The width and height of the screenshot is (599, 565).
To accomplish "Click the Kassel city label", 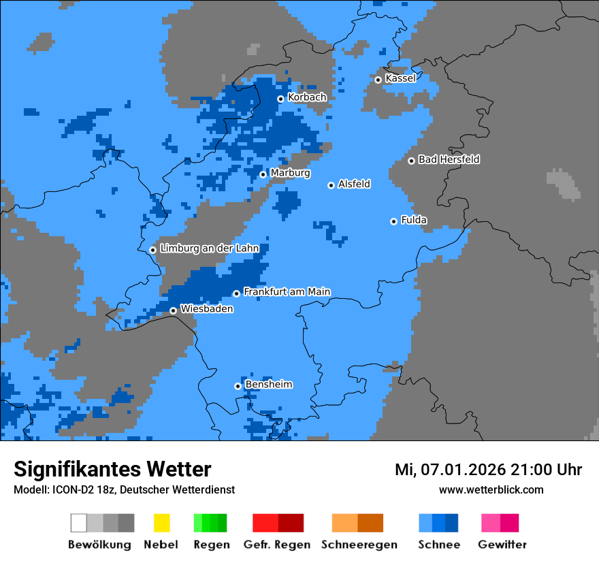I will click(400, 78).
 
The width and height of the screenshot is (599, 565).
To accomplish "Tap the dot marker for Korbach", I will click(280, 99).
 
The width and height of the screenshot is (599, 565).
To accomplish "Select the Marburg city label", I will click(290, 173).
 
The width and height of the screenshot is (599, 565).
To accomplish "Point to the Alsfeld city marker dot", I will click(331, 185).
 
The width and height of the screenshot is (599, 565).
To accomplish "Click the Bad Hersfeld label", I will click(449, 159).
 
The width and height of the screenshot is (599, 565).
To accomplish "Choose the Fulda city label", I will click(414, 220).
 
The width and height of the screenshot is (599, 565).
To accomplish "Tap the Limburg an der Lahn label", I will click(210, 248).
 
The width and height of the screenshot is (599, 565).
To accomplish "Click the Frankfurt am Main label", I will click(287, 291).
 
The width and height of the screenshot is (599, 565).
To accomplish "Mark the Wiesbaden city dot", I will click(174, 310).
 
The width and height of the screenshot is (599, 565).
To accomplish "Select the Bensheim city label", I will click(268, 385).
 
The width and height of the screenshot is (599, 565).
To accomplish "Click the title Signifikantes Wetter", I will click(112, 469).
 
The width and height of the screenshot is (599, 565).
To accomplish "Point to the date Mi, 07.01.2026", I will click(449, 470).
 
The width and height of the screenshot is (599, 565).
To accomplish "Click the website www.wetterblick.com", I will click(491, 489).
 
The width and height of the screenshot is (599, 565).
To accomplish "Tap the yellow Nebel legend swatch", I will click(161, 523).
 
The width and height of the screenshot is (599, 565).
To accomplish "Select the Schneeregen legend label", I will click(358, 545).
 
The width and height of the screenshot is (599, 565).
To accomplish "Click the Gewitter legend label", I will click(502, 545).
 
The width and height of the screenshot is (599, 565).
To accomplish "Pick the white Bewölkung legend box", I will click(79, 523).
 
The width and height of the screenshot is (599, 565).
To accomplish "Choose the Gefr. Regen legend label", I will click(277, 545).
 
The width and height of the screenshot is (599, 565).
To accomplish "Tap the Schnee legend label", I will click(439, 545).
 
